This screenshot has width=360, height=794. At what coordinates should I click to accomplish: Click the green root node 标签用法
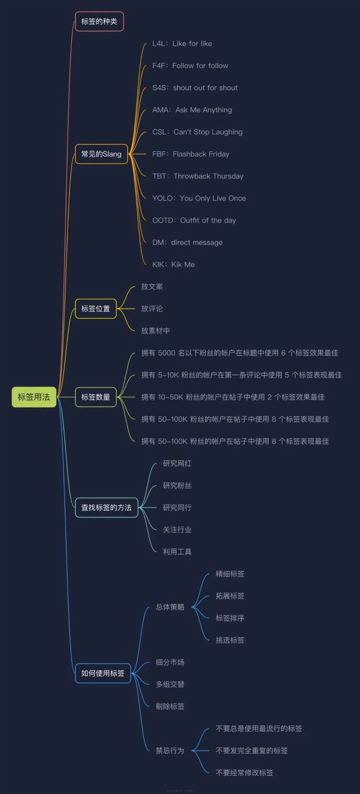point(34,397)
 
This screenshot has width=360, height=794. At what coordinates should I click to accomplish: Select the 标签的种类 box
point(100,21)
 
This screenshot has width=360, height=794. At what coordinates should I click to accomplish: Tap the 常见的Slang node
point(101,154)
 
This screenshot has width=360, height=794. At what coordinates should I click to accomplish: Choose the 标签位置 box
point(96,308)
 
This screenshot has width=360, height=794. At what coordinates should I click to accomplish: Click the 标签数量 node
point(96,397)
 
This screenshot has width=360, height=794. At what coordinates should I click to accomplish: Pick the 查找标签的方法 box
point(106,507)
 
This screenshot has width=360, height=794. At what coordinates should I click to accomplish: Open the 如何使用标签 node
point(103,673)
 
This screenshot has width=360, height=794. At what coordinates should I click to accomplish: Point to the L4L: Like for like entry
point(182,44)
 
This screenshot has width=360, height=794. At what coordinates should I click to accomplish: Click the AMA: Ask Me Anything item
point(192,110)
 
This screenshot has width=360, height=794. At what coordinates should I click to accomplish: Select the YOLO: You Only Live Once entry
point(199,198)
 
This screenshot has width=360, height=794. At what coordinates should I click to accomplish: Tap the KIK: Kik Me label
point(173,265)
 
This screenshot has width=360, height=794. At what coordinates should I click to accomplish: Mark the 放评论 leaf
point(152,308)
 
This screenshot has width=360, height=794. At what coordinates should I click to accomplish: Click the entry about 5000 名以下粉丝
point(240,353)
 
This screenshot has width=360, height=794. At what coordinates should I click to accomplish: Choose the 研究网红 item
point(177,463)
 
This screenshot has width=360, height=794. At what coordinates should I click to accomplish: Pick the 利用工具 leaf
point(177,552)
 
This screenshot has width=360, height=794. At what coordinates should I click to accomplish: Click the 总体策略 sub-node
point(170,607)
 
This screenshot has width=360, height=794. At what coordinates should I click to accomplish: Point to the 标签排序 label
point(230,618)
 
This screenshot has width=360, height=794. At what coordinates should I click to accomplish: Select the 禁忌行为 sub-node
point(170,750)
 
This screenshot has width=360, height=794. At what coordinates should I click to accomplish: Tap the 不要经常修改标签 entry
point(244,773)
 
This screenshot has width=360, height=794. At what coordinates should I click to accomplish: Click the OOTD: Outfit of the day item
point(194,220)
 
